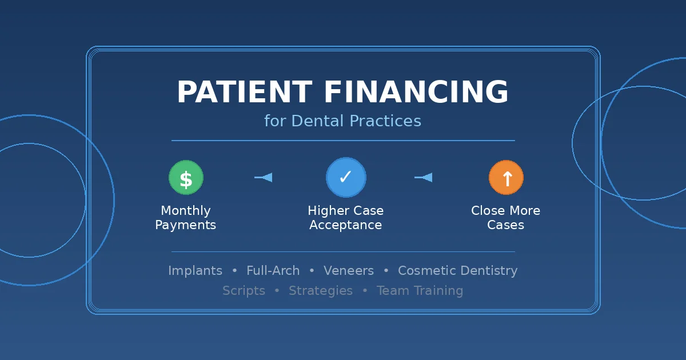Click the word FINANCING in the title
pyautogui.click(x=416, y=93)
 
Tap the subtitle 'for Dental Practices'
pyautogui.click(x=342, y=121)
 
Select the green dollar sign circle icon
pyautogui.click(x=186, y=178)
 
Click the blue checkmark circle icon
pyautogui.click(x=345, y=178)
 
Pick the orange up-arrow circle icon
pyautogui.click(x=506, y=178)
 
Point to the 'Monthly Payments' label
pyautogui.click(x=186, y=218)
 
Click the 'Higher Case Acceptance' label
pyautogui.click(x=345, y=218)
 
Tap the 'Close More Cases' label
pyautogui.click(x=506, y=218)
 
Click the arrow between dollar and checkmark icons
pyautogui.click(x=264, y=178)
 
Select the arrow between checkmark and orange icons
pyautogui.click(x=424, y=178)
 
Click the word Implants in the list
pyautogui.click(x=195, y=271)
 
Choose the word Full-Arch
pyautogui.click(x=273, y=271)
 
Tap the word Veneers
pyautogui.click(x=349, y=271)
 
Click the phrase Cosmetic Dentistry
pyautogui.click(x=457, y=271)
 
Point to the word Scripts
pyautogui.click(x=244, y=291)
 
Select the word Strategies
pyautogui.click(x=321, y=291)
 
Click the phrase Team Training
pyautogui.click(x=420, y=291)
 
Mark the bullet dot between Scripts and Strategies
pyautogui.click(x=277, y=291)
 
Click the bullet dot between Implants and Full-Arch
pyautogui.click(x=234, y=271)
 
